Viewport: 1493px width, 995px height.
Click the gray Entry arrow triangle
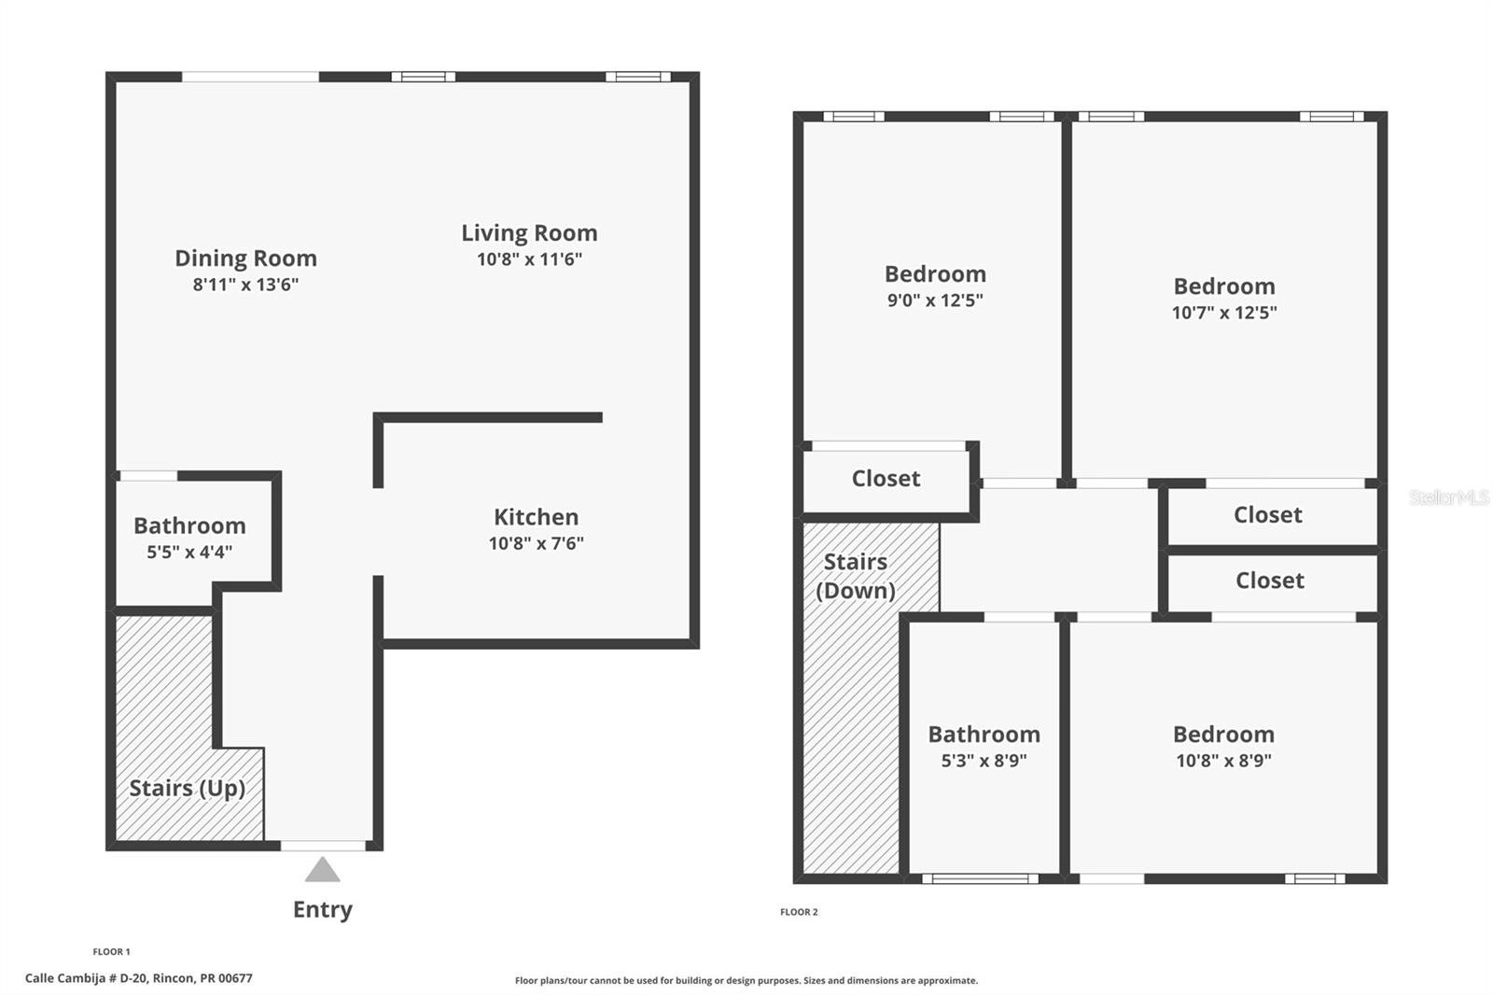point(323,870)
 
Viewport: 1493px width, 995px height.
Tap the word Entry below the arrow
point(323,910)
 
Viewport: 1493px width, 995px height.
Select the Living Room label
point(529,232)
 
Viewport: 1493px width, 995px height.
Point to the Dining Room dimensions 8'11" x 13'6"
point(245,285)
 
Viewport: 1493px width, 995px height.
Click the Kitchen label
point(536,517)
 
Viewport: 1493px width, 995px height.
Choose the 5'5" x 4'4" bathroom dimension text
point(189,553)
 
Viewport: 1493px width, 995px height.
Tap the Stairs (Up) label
point(188,789)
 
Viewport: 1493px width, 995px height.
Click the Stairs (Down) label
point(856,576)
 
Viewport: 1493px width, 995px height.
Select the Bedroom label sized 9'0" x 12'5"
point(935,274)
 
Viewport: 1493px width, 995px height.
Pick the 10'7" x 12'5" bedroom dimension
point(1224,313)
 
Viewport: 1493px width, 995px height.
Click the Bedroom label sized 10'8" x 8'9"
point(1223,735)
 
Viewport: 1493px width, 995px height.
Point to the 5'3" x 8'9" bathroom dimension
point(984,761)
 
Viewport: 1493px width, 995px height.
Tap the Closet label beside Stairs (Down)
point(886,478)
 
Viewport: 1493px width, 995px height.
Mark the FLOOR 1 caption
point(111,952)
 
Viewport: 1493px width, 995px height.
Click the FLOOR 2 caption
point(799,912)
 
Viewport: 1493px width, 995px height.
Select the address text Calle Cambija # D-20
point(88,978)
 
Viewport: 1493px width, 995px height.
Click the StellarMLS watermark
point(1449,497)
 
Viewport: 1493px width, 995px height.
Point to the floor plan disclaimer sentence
point(746,980)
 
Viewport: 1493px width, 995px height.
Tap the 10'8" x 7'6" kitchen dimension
point(536,543)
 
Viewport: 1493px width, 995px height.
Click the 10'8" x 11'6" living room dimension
point(529,259)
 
